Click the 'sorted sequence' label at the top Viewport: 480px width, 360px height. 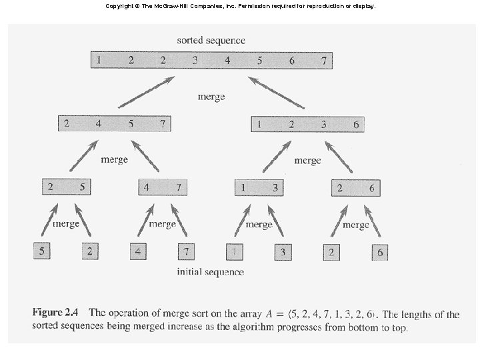[211, 40]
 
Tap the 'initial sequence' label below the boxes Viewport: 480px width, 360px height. [210, 271]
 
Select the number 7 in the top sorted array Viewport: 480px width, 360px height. [323, 60]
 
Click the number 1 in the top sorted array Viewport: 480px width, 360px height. [99, 60]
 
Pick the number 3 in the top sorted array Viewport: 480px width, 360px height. [195, 60]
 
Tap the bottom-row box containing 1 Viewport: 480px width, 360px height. [235, 251]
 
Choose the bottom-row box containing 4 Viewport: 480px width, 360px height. [138, 251]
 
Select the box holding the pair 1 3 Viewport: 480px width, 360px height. [259, 187]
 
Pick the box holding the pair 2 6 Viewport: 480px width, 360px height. [355, 187]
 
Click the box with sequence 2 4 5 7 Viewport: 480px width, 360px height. [114, 123]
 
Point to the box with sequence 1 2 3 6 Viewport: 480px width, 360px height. [307, 123]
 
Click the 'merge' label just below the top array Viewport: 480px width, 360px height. [211, 96]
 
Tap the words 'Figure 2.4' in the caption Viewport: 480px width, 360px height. [57, 313]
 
